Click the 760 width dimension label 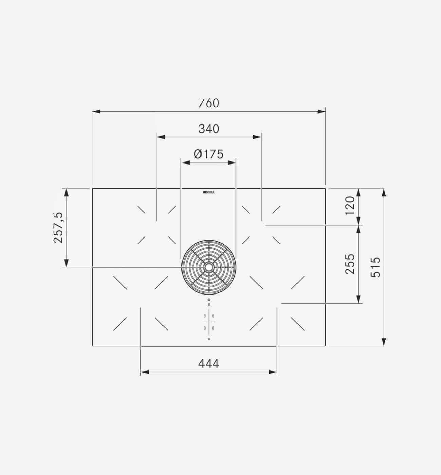point(209,103)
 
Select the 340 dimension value point(209,129)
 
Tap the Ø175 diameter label point(209,154)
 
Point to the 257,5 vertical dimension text point(58,228)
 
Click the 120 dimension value point(350,206)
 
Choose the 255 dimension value point(350,264)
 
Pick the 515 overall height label point(376,267)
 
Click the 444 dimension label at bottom point(209,364)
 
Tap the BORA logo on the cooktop point(209,192)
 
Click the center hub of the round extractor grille point(209,267)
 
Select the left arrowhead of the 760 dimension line point(96,111)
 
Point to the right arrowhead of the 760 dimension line point(321,111)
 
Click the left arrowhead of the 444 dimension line point(145,372)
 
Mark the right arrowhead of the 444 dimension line point(273,372)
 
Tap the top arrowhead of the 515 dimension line point(384,193)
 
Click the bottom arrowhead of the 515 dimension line point(384,342)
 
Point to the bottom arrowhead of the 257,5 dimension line point(66,263)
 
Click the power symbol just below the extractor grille point(209,300)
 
